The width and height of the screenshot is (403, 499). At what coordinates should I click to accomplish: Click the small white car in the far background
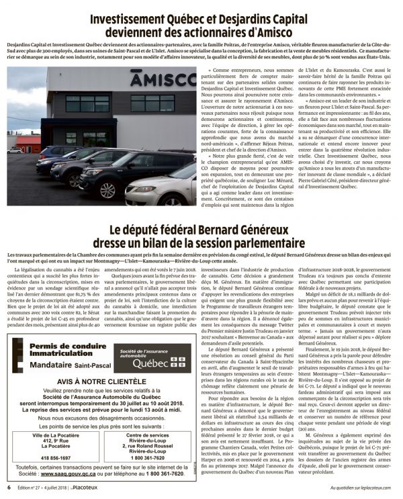15,150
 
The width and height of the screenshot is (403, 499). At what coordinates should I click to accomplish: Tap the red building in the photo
27,142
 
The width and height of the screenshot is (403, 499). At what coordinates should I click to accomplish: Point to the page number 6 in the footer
9,488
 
